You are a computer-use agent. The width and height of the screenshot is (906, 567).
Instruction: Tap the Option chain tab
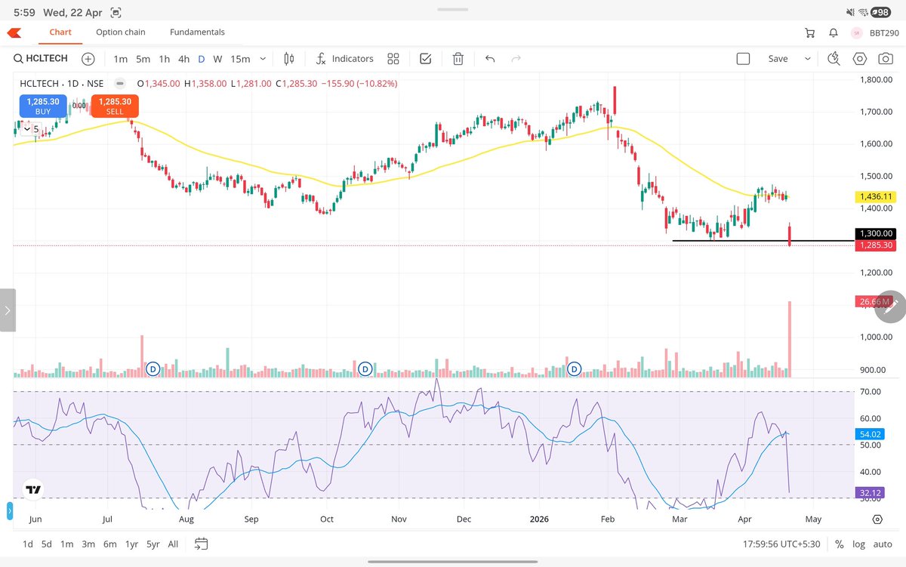pyautogui.click(x=121, y=32)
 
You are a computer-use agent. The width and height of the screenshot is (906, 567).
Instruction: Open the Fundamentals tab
pyautogui.click(x=197, y=32)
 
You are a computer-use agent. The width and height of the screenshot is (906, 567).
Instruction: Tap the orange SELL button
pyautogui.click(x=115, y=106)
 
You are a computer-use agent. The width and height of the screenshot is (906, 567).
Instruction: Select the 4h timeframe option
pyautogui.click(x=183, y=59)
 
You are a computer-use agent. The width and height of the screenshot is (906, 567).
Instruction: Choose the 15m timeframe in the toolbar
pyautogui.click(x=240, y=59)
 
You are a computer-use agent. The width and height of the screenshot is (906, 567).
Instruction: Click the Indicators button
pyautogui.click(x=344, y=59)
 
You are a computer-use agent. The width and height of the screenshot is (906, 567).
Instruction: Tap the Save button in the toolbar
pyautogui.click(x=778, y=59)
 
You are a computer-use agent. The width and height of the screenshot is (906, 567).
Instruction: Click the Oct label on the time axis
pyautogui.click(x=327, y=519)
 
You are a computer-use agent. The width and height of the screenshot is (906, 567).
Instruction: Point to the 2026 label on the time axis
pyautogui.click(x=538, y=519)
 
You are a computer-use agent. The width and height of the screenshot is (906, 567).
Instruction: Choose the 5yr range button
pyautogui.click(x=153, y=544)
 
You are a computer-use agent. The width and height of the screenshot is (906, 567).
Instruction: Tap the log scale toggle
pyautogui.click(x=859, y=544)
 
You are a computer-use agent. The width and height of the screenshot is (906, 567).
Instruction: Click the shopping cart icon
pyautogui.click(x=810, y=32)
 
